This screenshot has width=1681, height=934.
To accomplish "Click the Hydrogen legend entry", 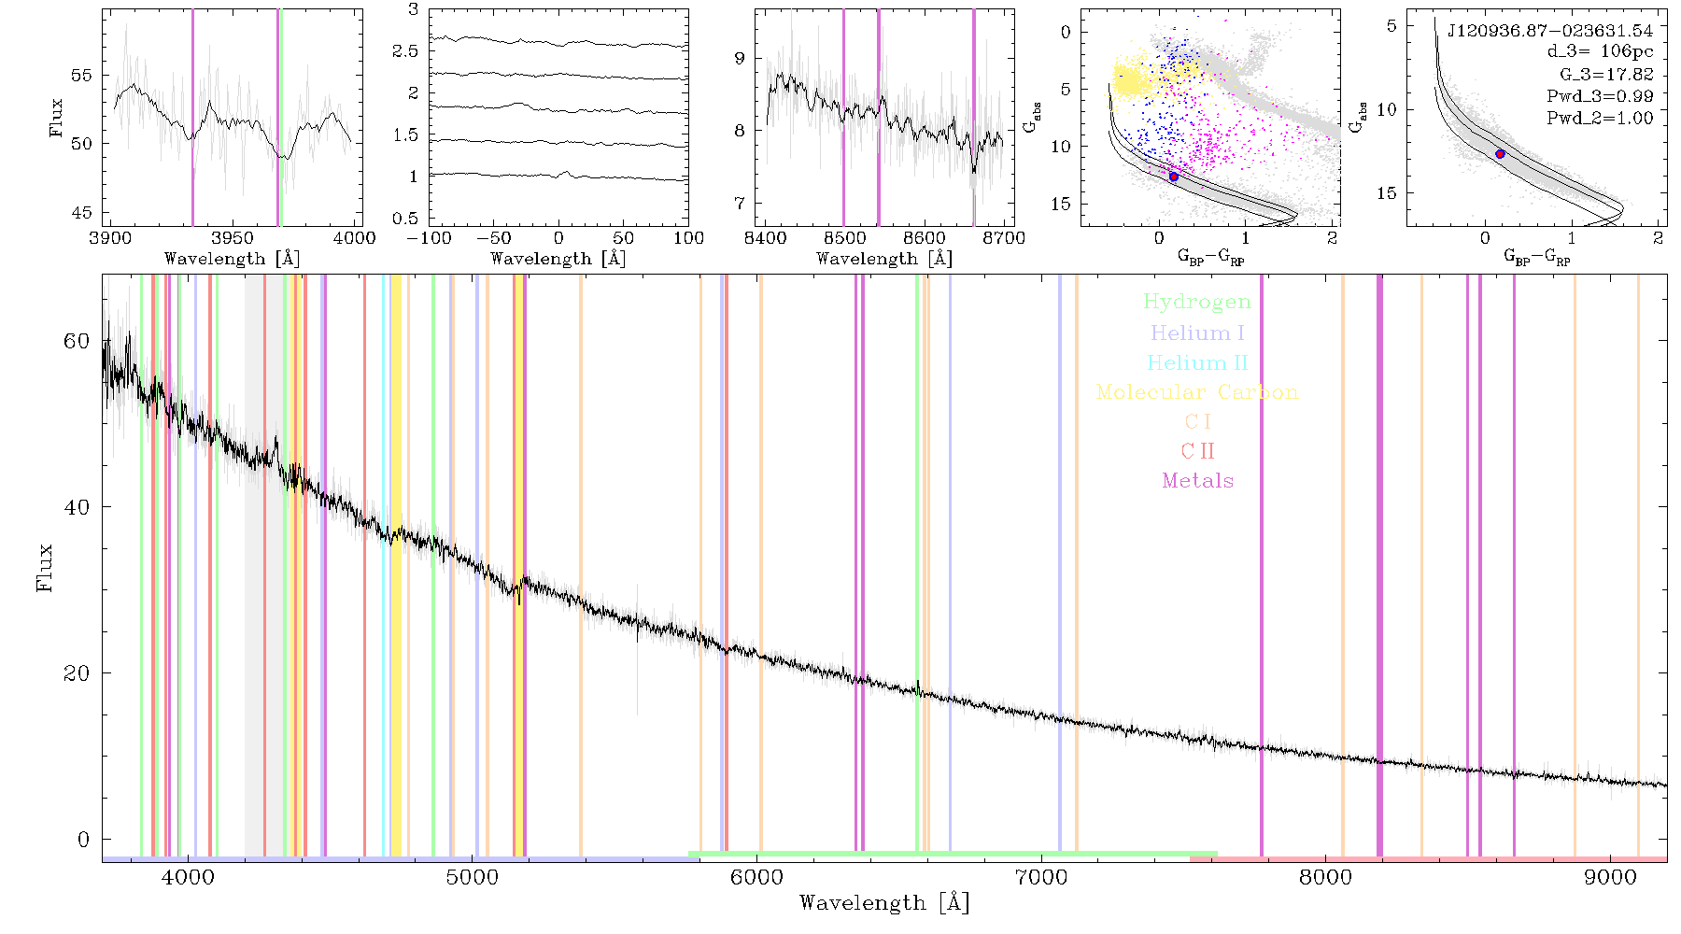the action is point(1196,303).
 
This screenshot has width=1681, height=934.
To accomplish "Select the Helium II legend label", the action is point(1197,362).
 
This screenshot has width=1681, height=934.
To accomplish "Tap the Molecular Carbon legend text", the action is point(1197,392).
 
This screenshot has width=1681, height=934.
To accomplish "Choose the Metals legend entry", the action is point(1198,480).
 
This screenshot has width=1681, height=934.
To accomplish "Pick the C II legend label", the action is point(1198,451).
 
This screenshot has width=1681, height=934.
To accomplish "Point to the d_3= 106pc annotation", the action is point(1600,52).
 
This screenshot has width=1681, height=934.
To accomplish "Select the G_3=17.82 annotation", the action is point(1606,75).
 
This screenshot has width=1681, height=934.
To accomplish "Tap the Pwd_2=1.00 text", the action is point(1600,119).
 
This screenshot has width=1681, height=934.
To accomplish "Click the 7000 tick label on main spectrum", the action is point(1040,877).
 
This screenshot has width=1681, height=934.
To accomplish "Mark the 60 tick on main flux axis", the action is point(77,341).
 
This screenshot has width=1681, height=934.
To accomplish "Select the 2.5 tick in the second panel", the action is point(405,51).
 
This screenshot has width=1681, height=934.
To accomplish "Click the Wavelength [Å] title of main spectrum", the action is point(884,903).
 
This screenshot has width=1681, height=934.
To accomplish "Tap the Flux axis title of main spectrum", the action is point(45,567).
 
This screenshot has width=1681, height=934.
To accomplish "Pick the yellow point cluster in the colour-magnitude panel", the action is point(1132,79).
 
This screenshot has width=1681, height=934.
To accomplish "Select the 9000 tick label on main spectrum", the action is point(1610,877).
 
